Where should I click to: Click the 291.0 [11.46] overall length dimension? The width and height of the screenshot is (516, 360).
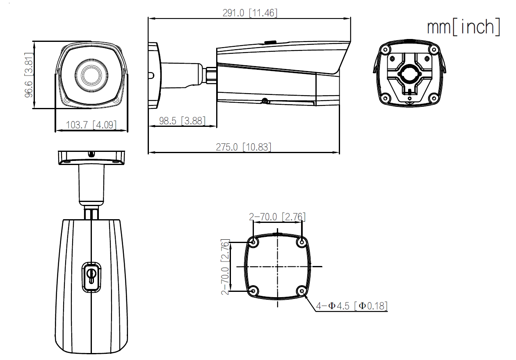tap(250, 13)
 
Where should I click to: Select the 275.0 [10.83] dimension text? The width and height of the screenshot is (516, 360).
tap(244, 147)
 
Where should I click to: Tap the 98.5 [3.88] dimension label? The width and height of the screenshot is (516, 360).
tap(182, 121)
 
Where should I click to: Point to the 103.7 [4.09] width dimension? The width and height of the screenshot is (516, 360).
tap(91, 125)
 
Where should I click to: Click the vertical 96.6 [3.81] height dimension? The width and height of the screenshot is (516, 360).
tap(28, 75)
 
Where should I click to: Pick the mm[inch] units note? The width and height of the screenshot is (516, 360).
tap(463, 27)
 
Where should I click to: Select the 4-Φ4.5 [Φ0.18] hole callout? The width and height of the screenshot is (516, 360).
tap(352, 306)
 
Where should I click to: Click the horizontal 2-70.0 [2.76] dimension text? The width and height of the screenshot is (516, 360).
tap(277, 217)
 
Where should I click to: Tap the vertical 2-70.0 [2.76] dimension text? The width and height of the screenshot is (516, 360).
tap(225, 267)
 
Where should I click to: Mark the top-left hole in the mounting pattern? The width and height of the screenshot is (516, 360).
tap(253, 242)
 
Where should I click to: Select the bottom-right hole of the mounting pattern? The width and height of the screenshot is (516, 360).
tap(302, 291)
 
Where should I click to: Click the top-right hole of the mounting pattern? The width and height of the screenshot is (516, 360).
tap(302, 242)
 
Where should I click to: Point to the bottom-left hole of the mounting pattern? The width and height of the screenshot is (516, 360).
tap(253, 291)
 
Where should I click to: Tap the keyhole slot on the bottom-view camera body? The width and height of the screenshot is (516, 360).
tap(91, 276)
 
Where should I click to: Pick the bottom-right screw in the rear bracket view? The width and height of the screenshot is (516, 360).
tap(433, 98)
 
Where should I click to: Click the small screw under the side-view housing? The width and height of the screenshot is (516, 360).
tap(265, 101)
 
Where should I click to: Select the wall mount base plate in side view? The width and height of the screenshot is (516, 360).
tap(153, 76)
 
